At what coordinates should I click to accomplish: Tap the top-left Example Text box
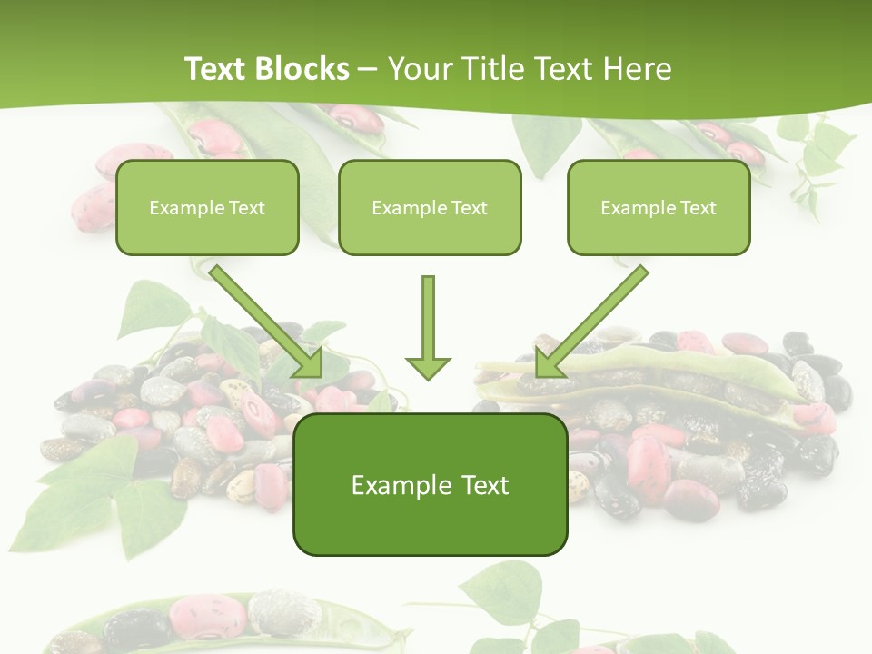click(x=207, y=207)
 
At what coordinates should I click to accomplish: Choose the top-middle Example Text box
click(x=430, y=207)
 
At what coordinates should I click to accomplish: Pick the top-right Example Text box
click(x=659, y=207)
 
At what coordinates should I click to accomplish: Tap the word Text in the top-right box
click(x=698, y=208)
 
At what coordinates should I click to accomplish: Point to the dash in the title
click(x=368, y=70)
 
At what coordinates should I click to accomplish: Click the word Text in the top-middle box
click(x=469, y=208)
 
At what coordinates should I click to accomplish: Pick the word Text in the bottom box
click(x=483, y=486)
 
